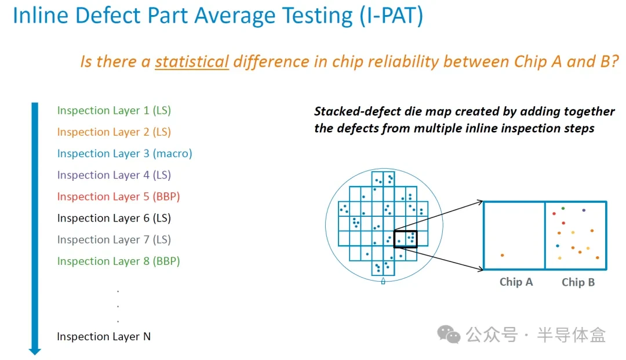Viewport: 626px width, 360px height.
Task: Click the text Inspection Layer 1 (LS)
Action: pos(114,111)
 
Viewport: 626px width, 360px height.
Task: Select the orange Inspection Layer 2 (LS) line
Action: pos(114,132)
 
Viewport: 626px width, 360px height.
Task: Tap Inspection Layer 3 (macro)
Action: pos(125,154)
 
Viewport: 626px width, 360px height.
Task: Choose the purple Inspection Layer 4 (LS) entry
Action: pos(114,175)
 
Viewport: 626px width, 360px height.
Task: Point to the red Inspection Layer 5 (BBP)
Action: pos(118,197)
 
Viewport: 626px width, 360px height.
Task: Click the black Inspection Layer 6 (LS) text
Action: pos(114,219)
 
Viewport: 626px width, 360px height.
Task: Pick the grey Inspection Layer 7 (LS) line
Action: pos(114,240)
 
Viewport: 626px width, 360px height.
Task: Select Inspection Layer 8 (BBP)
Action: pos(118,261)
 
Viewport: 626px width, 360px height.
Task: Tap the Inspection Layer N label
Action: pos(104,337)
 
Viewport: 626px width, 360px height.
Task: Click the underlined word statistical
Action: pos(192,62)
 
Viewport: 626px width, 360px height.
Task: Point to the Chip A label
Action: pos(516,282)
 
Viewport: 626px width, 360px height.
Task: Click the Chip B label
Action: pos(578,282)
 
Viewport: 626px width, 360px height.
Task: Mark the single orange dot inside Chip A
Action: pos(502,255)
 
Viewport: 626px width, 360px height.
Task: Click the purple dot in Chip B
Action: pos(584,210)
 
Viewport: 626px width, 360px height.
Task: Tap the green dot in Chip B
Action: pos(563,208)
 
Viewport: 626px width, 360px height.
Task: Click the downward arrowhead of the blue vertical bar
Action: pos(35,351)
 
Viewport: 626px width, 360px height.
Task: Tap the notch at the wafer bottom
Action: pos(383,281)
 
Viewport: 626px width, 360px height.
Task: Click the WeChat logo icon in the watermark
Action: pos(449,334)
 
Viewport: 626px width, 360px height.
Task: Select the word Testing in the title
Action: pos(318,16)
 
